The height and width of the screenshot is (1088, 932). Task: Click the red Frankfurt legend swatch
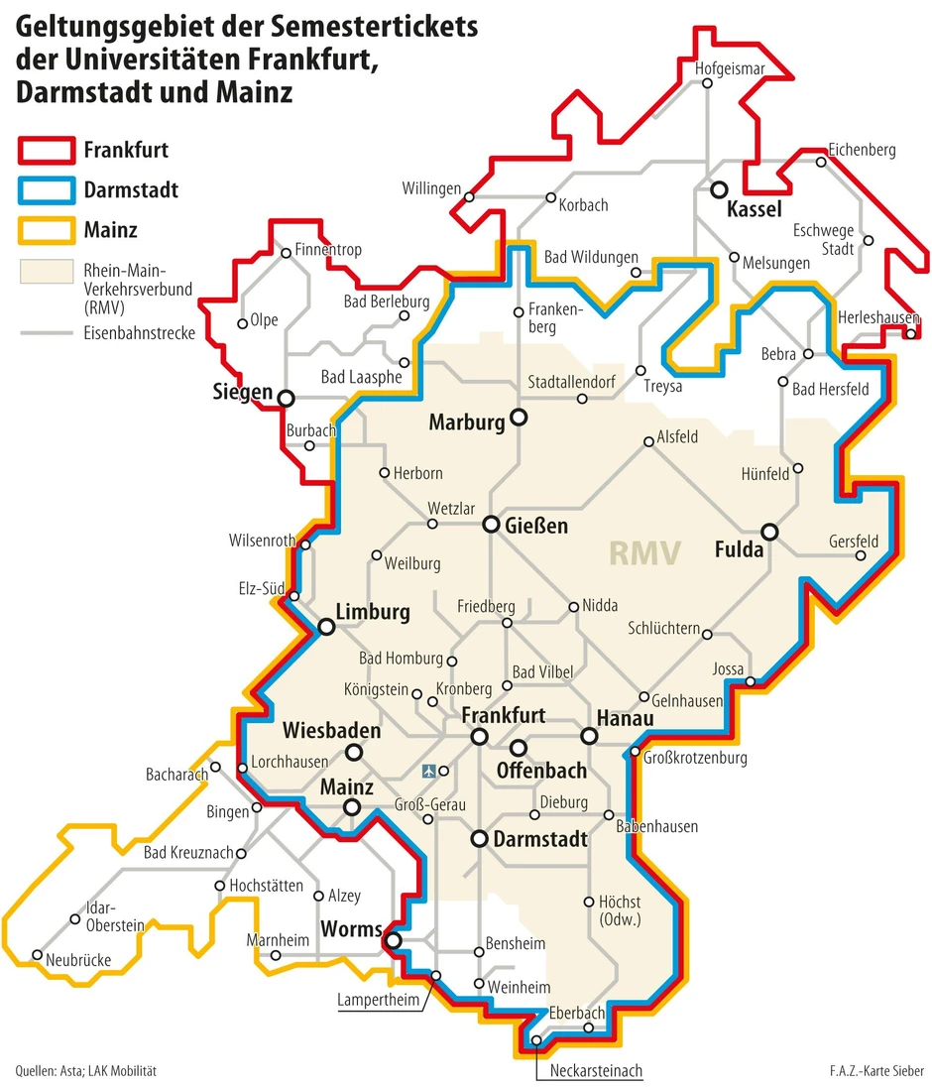46,151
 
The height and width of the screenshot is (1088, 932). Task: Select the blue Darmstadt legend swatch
46,189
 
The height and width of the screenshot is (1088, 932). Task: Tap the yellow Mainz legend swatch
46,230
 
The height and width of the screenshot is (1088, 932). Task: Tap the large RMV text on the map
644,552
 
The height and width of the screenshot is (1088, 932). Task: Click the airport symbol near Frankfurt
429,770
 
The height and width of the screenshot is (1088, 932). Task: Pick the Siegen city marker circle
286,398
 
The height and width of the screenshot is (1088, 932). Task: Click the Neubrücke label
75,959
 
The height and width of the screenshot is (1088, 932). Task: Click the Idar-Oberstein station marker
75,918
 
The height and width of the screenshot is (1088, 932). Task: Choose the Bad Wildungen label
591,258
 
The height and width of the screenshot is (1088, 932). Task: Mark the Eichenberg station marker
821,162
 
